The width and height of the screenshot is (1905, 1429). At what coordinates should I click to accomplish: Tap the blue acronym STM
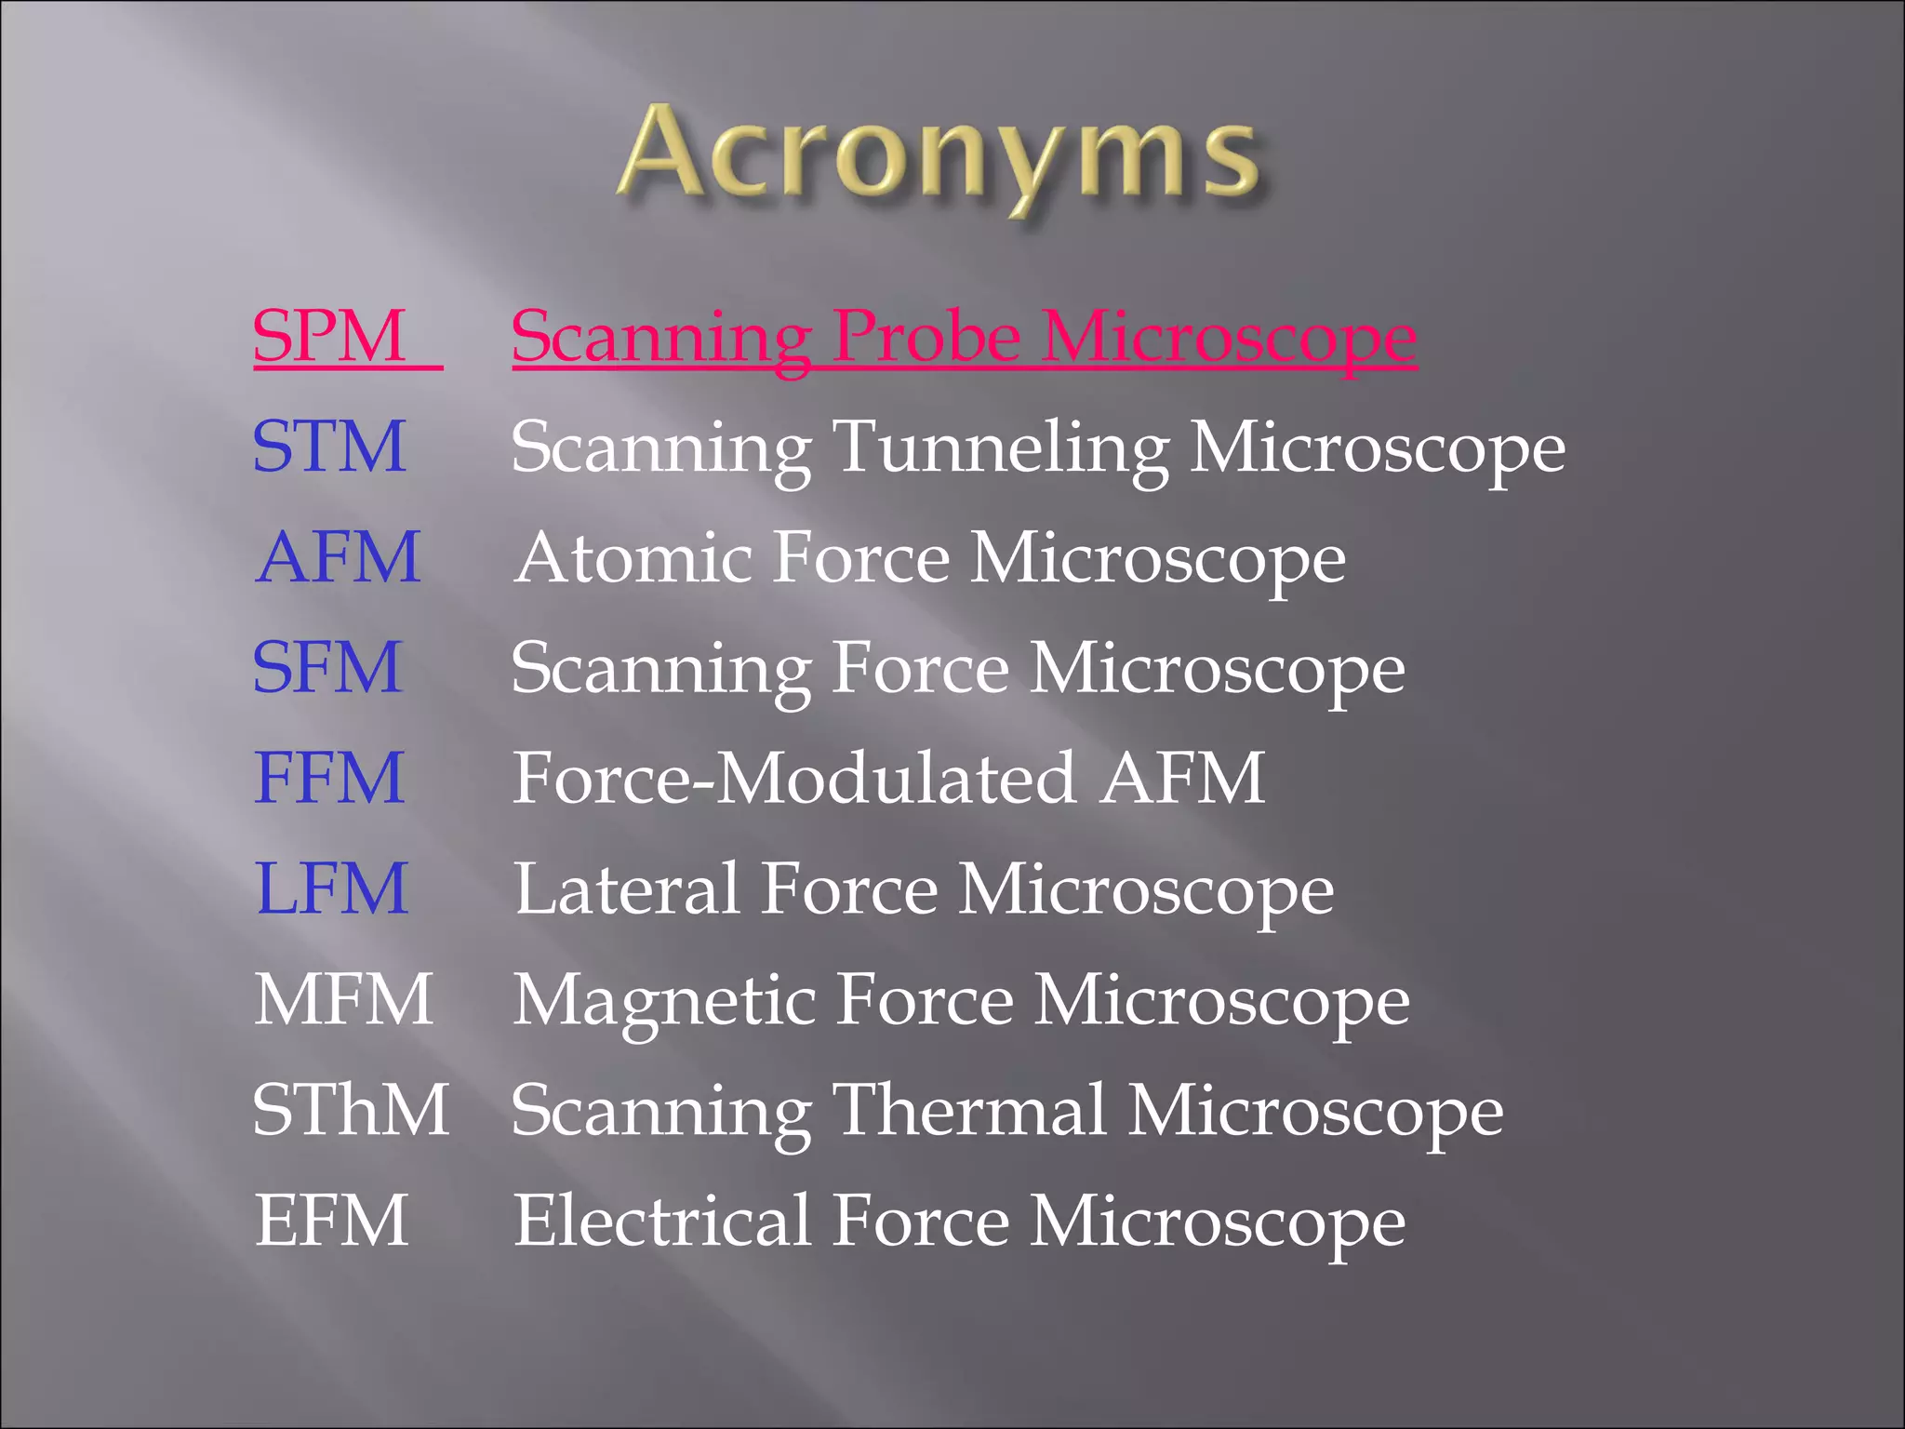pyautogui.click(x=329, y=447)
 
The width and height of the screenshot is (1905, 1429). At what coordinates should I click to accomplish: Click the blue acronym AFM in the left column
pyautogui.click(x=338, y=557)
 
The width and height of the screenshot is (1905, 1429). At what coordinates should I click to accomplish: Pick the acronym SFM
pyautogui.click(x=327, y=667)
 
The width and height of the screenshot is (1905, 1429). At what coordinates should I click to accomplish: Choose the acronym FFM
pyautogui.click(x=329, y=778)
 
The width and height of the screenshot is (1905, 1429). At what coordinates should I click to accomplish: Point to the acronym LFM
pyautogui.click(x=331, y=888)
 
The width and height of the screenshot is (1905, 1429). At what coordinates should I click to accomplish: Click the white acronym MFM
pyautogui.click(x=343, y=999)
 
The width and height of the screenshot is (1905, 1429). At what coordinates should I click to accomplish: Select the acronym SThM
pyautogui.click(x=351, y=1110)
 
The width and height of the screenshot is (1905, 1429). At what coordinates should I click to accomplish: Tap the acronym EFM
pyautogui.click(x=331, y=1221)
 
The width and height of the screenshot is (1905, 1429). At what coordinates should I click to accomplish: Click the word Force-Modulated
pyautogui.click(x=794, y=778)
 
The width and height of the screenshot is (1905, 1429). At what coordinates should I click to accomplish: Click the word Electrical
pyautogui.click(x=661, y=1221)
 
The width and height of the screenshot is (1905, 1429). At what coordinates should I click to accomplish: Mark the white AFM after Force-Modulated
pyautogui.click(x=1182, y=778)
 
